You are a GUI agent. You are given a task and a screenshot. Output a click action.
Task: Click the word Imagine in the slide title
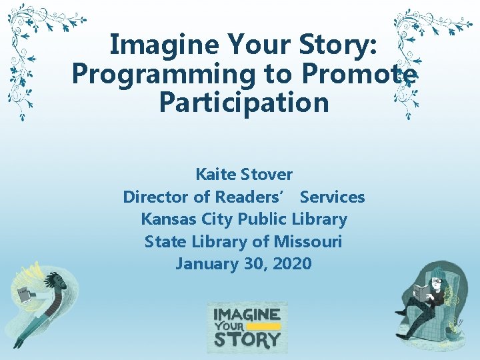pyautogui.click(x=155, y=46)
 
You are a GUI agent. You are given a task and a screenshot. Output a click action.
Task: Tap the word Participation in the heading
pyautogui.click(x=244, y=103)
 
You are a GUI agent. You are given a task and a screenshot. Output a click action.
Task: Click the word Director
pyautogui.click(x=156, y=197)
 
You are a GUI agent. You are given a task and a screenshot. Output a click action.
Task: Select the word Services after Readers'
pyautogui.click(x=333, y=197)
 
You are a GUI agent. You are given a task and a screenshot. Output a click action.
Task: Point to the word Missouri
pyautogui.click(x=310, y=241)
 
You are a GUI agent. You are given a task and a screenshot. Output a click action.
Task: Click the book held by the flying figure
pyautogui.click(x=25, y=294)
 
